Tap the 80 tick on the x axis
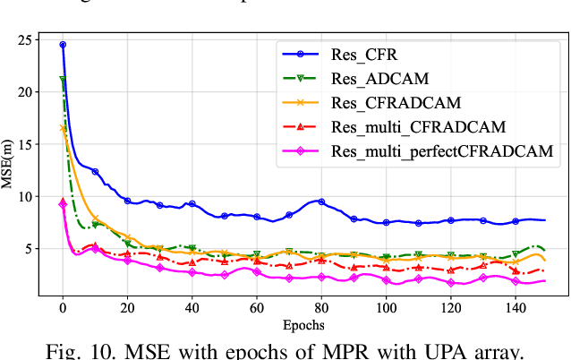[x=321, y=308]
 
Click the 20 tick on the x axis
[x=127, y=308]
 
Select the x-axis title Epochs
[x=303, y=324]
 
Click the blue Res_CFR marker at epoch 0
[x=63, y=45]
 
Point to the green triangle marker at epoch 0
[x=63, y=81]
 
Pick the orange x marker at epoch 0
[x=63, y=128]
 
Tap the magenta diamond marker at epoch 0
[x=63, y=204]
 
